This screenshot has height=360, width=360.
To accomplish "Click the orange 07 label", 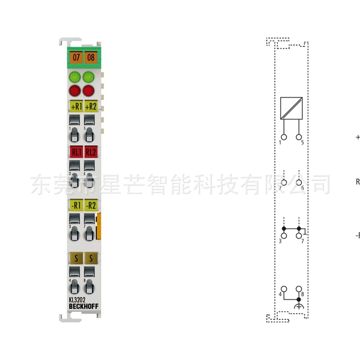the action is point(76,57).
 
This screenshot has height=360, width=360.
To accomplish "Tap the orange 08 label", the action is point(90,57).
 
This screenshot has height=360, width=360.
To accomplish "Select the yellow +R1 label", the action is point(76,107).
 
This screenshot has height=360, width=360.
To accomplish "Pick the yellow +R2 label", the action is point(90,107).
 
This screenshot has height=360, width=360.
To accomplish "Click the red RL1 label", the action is point(76,152).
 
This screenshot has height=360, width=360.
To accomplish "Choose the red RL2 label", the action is point(90,152).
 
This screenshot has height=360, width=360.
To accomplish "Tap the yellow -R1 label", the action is point(76,205).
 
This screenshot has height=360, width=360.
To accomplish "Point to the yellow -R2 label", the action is point(90,205).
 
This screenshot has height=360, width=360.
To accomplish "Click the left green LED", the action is point(76,76).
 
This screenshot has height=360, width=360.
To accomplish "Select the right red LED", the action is point(89,90).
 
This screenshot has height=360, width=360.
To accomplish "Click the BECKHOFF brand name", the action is point(83,307).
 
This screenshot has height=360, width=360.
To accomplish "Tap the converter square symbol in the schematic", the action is point(291,108).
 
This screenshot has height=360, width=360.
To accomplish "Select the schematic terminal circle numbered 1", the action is point(284,137).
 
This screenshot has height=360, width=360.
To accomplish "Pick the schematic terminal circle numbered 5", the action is point(298,137).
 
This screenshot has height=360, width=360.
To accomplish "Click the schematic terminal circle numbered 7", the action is point(298,235).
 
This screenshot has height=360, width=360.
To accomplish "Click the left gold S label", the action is point(76,257).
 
